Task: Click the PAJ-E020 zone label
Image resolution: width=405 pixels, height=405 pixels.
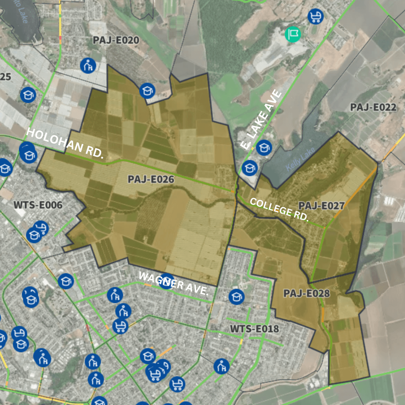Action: (x=116, y=40)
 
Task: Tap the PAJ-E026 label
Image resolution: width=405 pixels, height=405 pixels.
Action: (x=151, y=179)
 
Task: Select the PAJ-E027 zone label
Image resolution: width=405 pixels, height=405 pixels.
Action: (x=321, y=206)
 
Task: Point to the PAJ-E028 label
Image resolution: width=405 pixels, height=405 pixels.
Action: (x=306, y=293)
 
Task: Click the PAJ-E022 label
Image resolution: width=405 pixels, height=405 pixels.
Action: (x=373, y=107)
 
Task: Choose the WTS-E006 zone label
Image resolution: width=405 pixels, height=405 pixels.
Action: (x=38, y=205)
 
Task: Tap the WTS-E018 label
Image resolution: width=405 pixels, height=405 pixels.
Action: (x=254, y=329)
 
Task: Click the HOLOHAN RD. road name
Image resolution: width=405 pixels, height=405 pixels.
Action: (x=64, y=143)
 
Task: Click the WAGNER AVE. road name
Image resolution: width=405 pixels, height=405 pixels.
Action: (x=173, y=283)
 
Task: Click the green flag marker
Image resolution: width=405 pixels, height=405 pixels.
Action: (x=292, y=34)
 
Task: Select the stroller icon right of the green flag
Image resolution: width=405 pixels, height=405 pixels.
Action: (x=315, y=16)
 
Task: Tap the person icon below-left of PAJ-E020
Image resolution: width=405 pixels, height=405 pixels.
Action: (x=88, y=66)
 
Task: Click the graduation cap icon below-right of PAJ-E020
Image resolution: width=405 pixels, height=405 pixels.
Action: (x=147, y=91)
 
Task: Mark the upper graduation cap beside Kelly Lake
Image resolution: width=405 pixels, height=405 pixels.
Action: (x=264, y=148)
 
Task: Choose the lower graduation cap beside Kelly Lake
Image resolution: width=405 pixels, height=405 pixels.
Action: (x=249, y=168)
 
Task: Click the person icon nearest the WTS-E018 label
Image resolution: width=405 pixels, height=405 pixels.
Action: (x=222, y=366)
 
